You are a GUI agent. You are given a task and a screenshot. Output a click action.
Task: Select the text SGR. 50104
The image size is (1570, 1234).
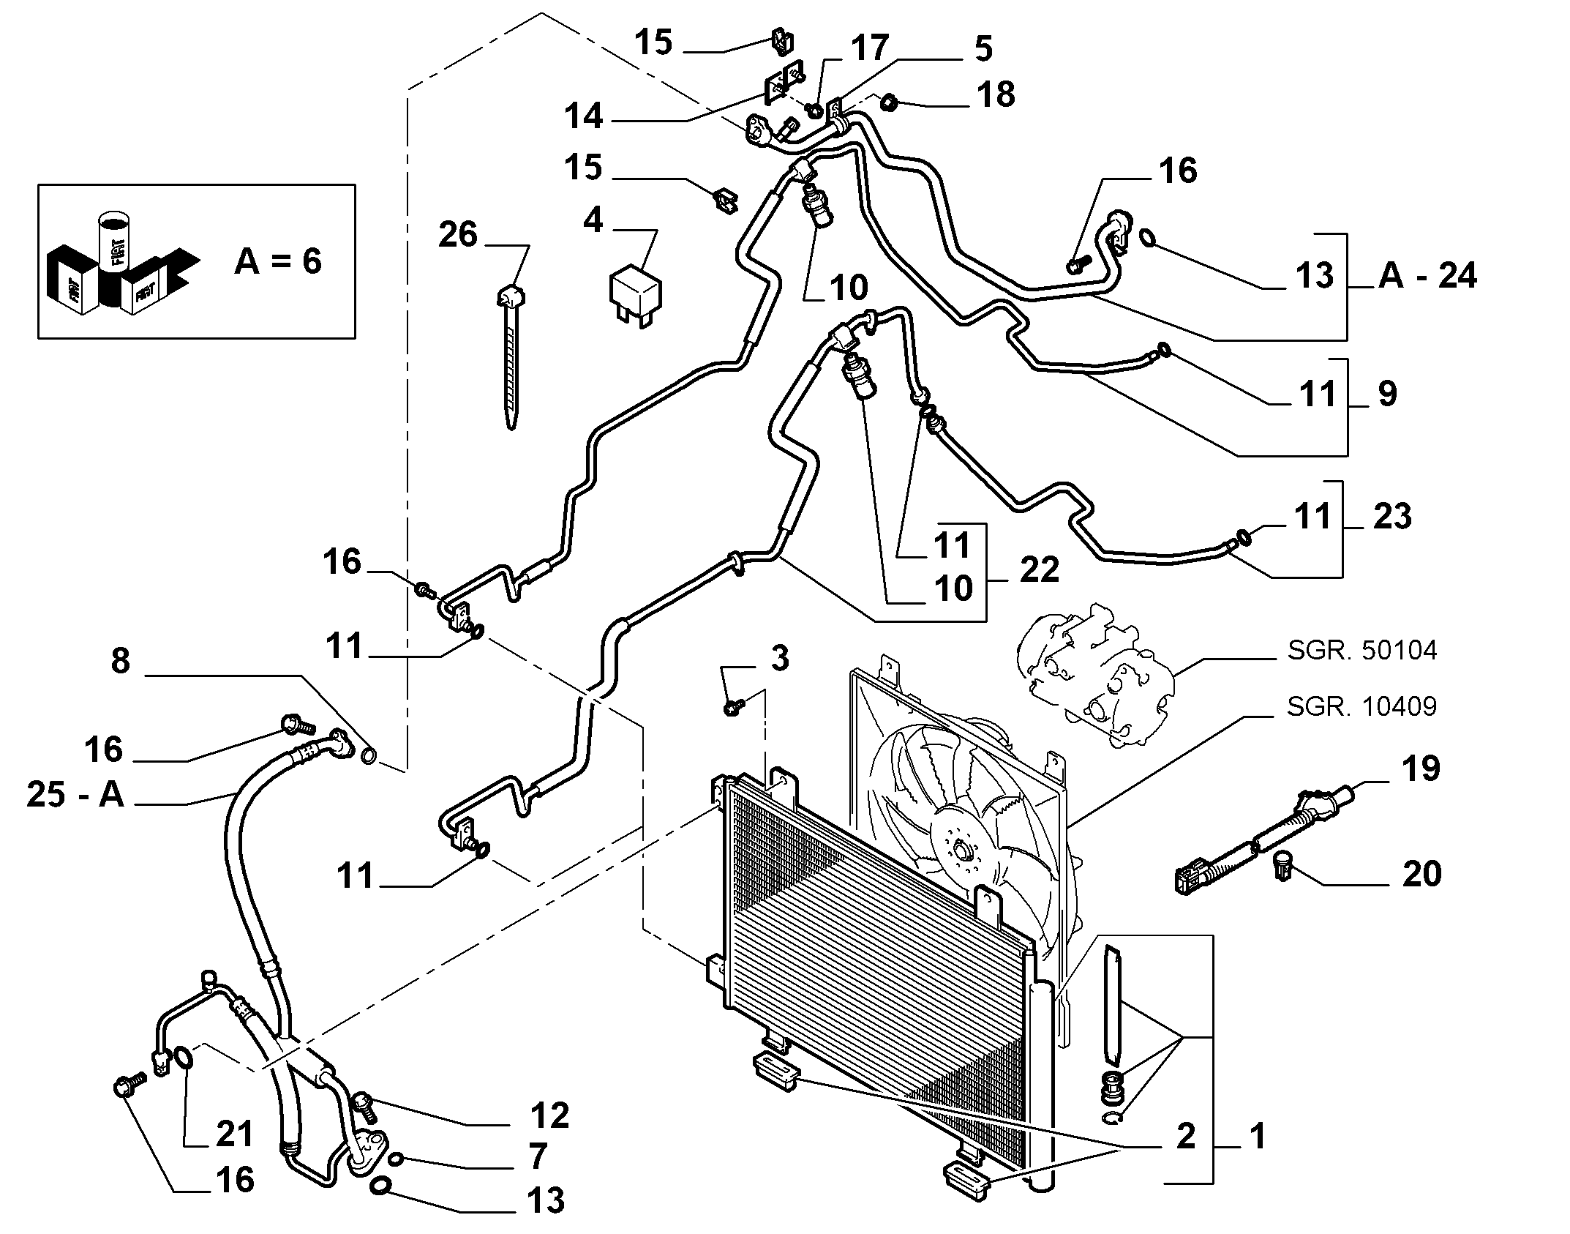1362,650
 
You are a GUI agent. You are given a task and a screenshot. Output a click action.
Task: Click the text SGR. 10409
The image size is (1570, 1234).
1362,706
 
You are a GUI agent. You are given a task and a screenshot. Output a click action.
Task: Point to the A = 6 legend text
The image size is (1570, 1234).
278,261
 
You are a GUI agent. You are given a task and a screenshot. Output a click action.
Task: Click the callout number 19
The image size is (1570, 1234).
1421,769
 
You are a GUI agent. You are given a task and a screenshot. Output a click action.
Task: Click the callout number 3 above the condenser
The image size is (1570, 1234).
781,659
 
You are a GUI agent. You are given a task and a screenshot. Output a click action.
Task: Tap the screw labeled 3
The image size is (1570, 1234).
732,707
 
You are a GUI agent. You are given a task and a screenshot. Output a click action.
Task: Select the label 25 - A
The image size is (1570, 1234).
76,794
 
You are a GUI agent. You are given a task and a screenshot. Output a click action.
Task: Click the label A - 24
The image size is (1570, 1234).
1427,276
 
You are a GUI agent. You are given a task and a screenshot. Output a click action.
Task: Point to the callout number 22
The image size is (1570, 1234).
1039,569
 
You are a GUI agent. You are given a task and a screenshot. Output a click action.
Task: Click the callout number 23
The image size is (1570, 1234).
1391,516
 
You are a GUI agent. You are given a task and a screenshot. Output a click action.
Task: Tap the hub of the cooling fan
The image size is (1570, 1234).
961,851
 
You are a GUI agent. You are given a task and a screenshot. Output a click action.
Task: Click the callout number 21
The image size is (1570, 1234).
234,1134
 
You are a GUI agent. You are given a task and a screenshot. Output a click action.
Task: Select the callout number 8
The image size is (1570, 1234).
121,660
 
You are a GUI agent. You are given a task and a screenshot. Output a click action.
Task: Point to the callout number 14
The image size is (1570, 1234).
584,116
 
